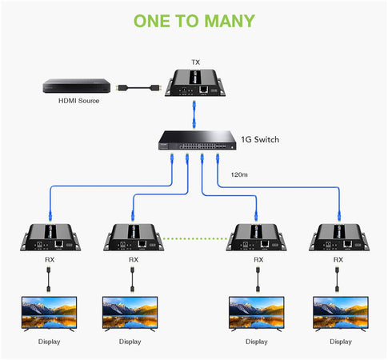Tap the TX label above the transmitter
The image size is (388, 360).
click(196, 62)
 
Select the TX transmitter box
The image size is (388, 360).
click(195, 82)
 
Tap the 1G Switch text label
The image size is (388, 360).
click(262, 139)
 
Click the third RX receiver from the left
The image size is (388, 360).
click(257, 238)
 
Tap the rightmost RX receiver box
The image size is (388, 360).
click(340, 238)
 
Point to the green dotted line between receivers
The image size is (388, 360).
click(194, 238)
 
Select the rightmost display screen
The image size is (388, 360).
click(340, 313)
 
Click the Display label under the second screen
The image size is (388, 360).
click(130, 342)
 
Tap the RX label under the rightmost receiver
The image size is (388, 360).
click(338, 260)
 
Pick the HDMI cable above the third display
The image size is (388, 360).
click(257, 279)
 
